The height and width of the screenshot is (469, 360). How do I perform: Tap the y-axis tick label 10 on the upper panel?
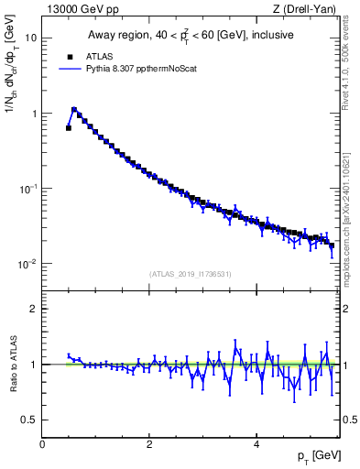click(x=31, y=38)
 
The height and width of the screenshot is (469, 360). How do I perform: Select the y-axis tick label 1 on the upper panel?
click(x=34, y=114)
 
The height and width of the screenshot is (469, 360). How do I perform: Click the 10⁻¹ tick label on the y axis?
click(x=28, y=189)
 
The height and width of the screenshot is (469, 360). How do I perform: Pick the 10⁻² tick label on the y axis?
click(x=28, y=264)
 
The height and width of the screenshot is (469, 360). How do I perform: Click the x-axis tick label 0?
click(x=42, y=444)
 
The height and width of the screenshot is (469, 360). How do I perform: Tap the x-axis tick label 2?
click(x=149, y=444)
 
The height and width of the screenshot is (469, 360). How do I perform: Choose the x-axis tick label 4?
click(x=256, y=444)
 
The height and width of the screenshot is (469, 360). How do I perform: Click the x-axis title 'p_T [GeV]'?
click(x=314, y=455)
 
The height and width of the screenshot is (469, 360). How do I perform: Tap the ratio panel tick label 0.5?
click(x=29, y=420)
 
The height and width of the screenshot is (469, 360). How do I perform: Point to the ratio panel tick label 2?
click(x=34, y=309)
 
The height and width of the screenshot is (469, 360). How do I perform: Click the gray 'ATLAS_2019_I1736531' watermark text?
click(x=190, y=274)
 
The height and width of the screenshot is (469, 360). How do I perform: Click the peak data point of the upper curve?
click(x=74, y=109)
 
